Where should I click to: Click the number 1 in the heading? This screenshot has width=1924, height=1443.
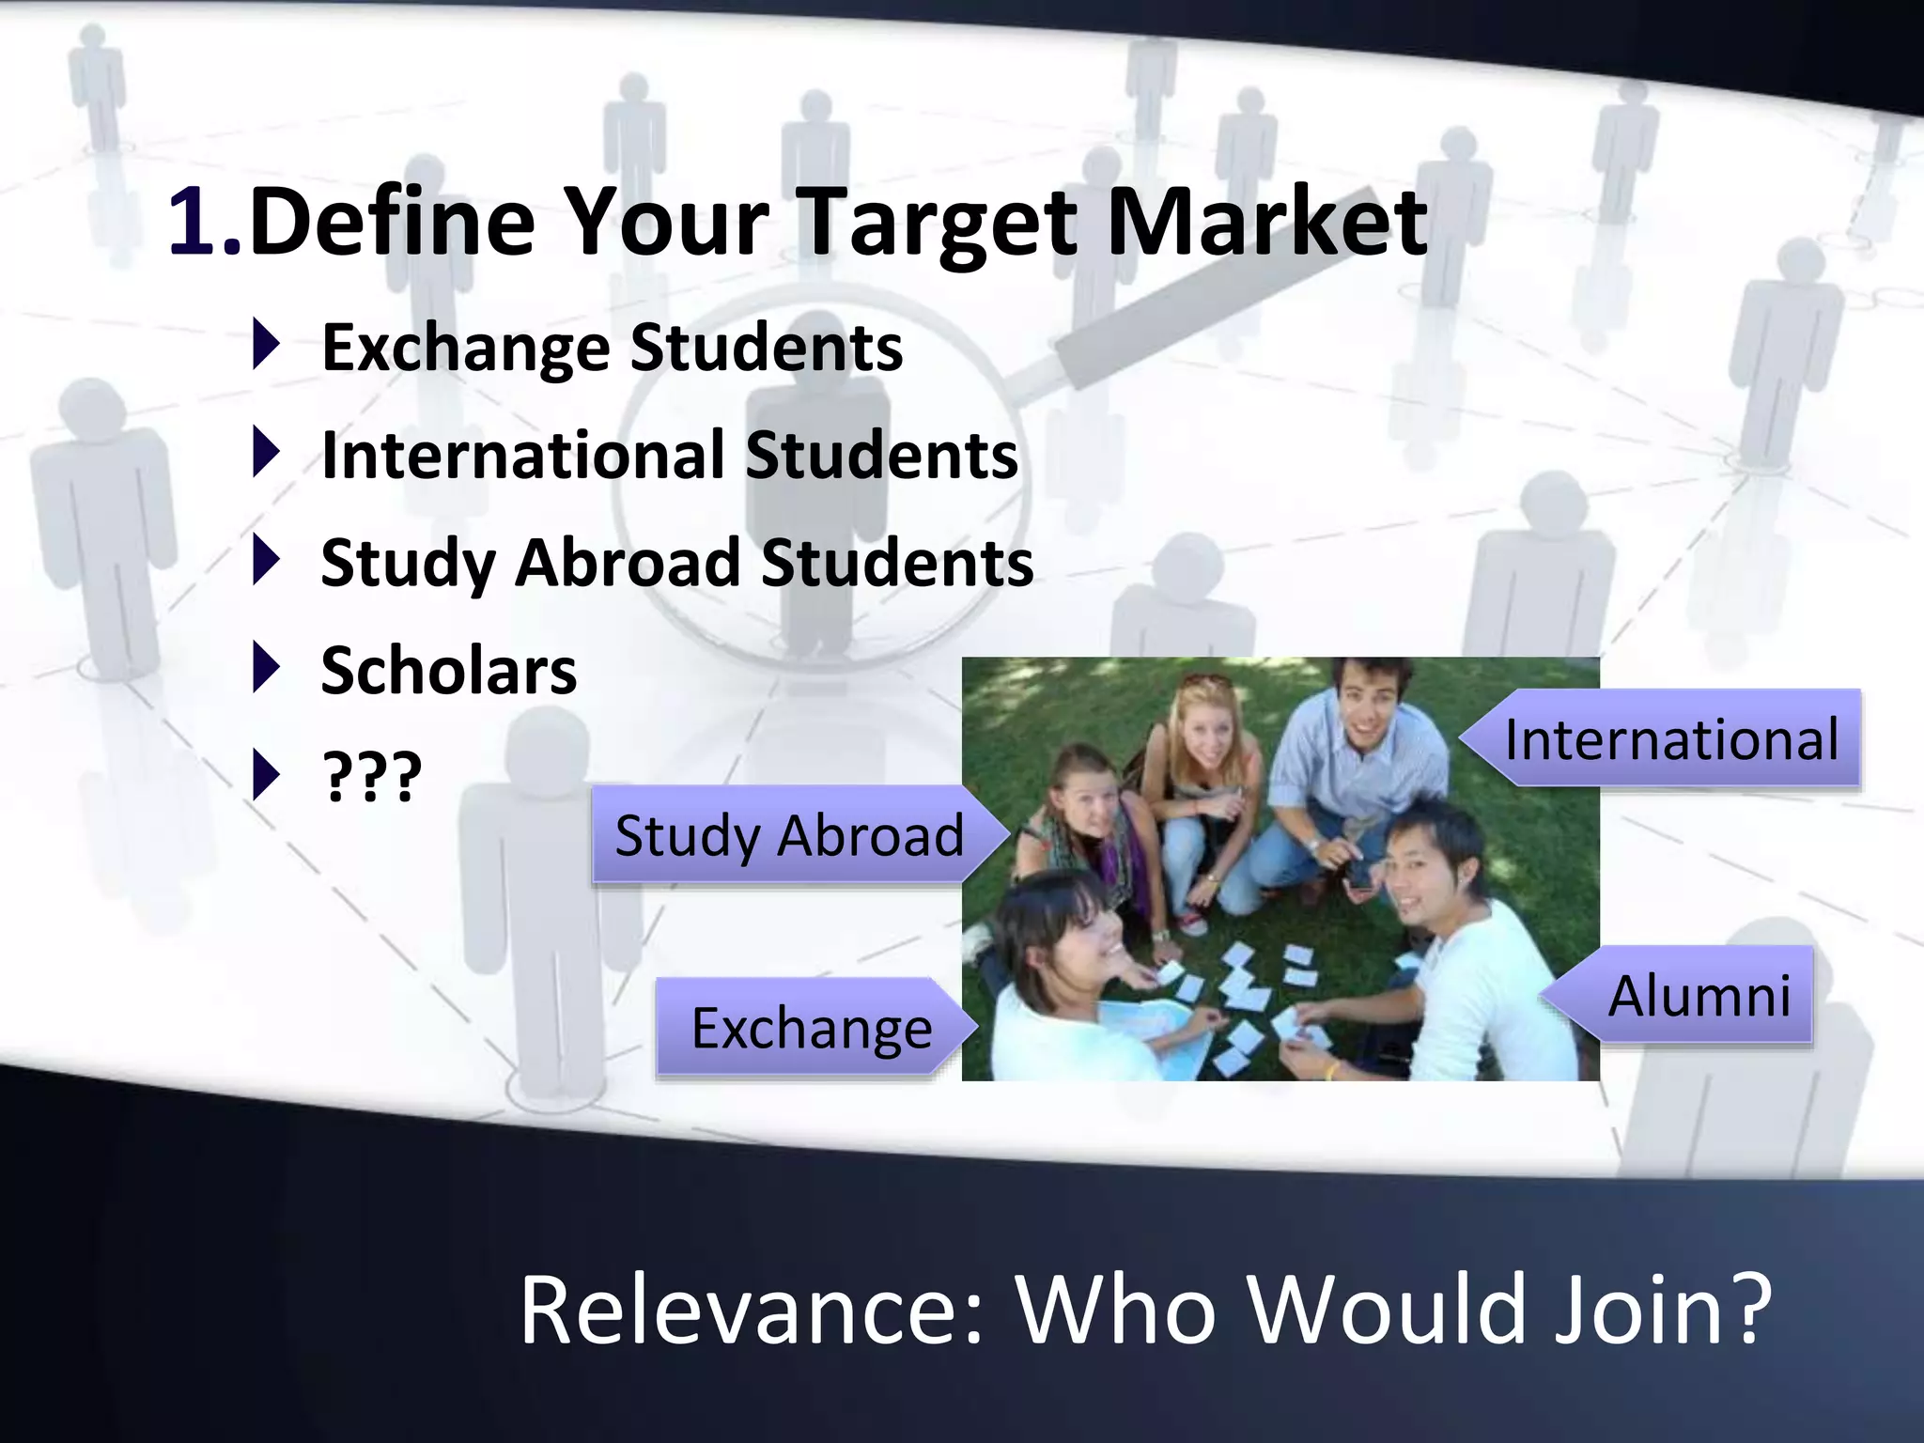click(193, 223)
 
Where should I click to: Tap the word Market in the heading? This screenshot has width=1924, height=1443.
click(1267, 223)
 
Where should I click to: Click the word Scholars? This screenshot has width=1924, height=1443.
click(449, 671)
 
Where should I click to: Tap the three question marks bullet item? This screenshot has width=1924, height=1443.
click(372, 777)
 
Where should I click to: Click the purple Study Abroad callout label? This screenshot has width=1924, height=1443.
click(789, 835)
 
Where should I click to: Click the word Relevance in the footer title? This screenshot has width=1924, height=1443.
click(752, 1309)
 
